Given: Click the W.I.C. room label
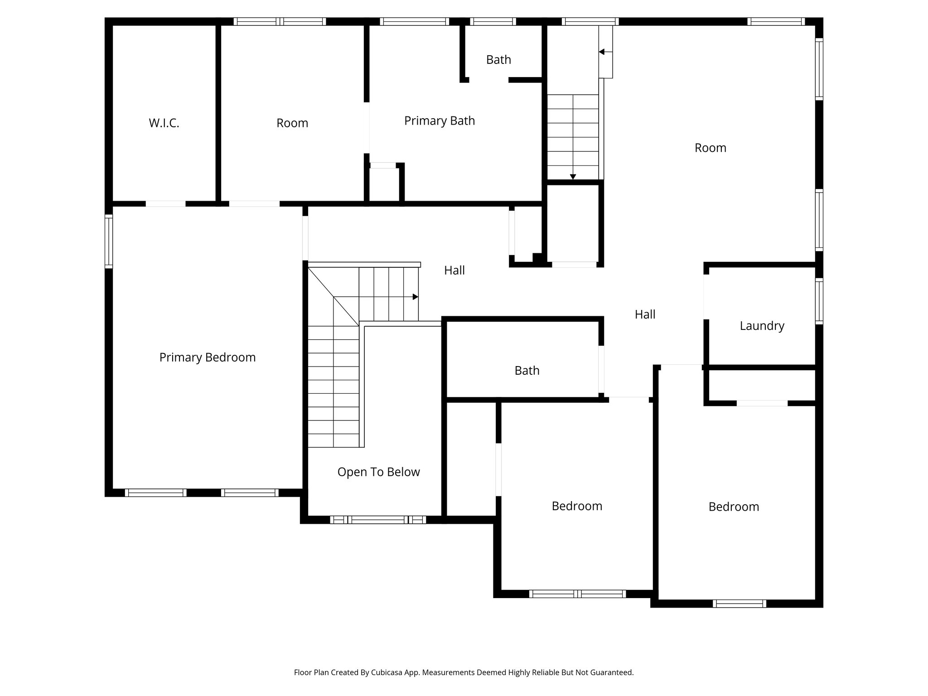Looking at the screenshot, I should [164, 123].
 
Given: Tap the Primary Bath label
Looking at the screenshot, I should [440, 121].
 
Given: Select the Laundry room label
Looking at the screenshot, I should [762, 326].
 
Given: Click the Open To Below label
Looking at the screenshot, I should [378, 472].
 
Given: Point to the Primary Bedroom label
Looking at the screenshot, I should [208, 358].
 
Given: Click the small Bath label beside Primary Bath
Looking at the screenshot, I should [498, 60].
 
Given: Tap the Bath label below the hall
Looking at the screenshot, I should [527, 371].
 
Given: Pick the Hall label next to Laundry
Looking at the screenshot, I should [645, 314].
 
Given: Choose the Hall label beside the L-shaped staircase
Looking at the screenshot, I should [454, 271].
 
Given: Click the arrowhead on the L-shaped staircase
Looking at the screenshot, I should [415, 297].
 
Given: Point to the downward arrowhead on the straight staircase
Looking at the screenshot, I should [573, 177].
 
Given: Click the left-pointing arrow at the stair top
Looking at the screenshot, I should [602, 52].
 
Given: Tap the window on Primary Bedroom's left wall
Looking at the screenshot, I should [109, 241].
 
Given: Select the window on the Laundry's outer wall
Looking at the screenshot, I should [819, 301].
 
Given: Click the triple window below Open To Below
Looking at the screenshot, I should [378, 520].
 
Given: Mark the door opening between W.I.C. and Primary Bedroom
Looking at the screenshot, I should [165, 204].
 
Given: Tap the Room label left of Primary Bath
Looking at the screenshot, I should [292, 123].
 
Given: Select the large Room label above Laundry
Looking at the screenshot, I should [710, 148].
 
